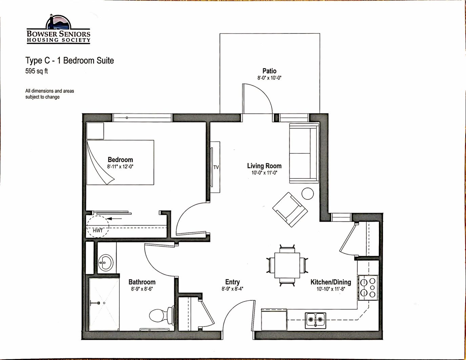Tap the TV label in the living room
tap(216, 167)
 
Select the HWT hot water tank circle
tap(98, 227)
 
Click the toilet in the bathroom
tap(161, 315)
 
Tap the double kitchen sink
tap(316, 321)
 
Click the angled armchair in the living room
tap(290, 209)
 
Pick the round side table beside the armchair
tap(307, 193)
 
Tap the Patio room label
tap(269, 71)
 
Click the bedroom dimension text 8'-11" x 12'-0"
tap(120, 167)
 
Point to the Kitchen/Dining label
tap(331, 282)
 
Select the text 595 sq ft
tap(37, 71)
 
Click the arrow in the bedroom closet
tap(114, 219)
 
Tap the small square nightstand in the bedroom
tap(95, 131)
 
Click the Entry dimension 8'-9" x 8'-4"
tap(232, 289)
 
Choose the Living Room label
tap(264, 166)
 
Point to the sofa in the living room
tap(304, 153)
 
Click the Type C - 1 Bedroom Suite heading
tap(70, 60)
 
